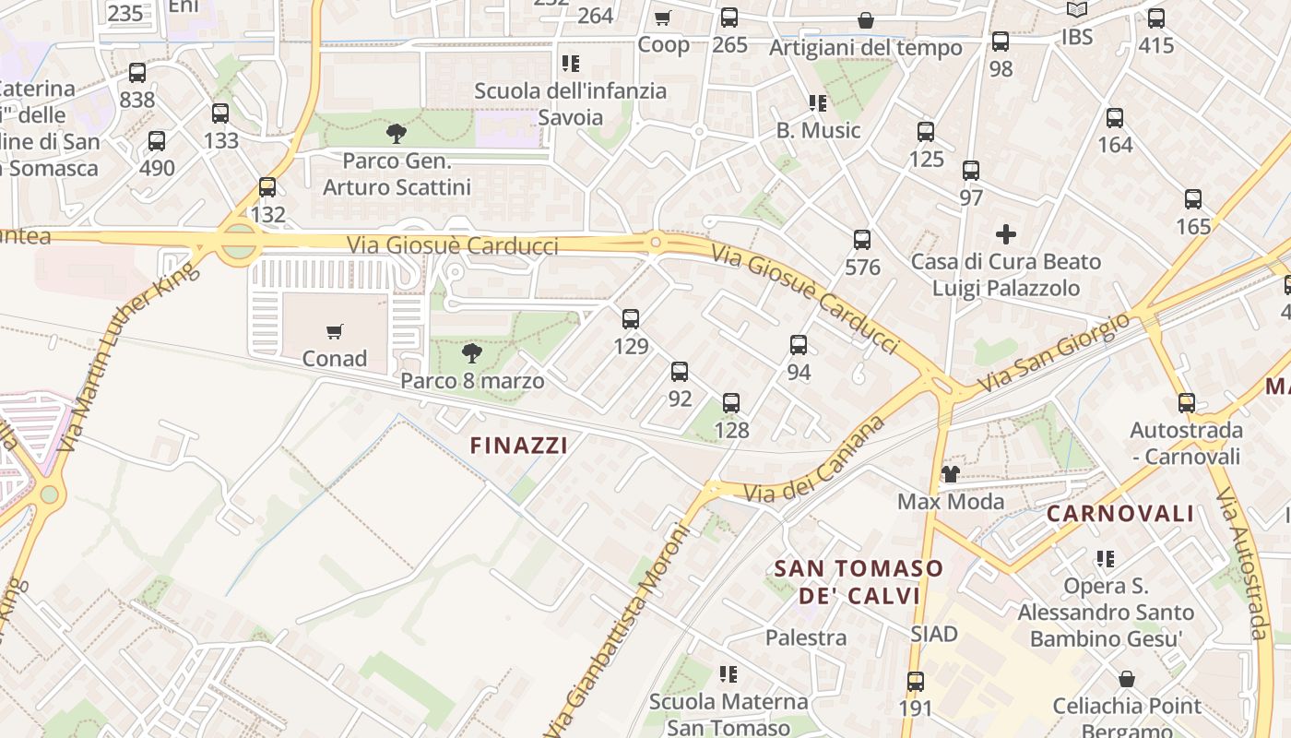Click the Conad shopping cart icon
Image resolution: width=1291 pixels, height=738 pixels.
point(335,331)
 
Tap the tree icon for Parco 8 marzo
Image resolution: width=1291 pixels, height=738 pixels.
point(471,353)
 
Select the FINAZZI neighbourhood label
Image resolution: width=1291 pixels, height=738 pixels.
point(518,446)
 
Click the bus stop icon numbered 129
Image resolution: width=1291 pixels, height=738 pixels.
point(631,319)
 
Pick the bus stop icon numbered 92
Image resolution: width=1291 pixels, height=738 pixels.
point(680,372)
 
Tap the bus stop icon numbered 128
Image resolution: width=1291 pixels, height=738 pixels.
point(731,403)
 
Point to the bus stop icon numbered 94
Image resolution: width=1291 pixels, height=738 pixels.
point(799,345)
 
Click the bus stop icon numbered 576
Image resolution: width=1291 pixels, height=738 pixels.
point(862,240)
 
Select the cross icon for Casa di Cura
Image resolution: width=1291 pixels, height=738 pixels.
point(1006,234)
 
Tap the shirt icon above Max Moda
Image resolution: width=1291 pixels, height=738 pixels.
point(950,474)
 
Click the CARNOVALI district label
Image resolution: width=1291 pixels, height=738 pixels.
point(1120,514)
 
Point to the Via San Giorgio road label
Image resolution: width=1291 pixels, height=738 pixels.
point(1053,352)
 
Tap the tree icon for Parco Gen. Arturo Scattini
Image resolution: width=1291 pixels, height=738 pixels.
point(397,134)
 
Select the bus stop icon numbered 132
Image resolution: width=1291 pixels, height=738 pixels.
point(267,187)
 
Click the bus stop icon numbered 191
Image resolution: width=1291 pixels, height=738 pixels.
point(915,682)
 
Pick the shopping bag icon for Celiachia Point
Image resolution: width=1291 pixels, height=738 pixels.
point(1126,680)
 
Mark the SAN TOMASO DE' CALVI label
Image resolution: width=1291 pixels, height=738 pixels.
point(858,582)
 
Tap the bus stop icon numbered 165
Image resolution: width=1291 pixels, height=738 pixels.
point(1193,198)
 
